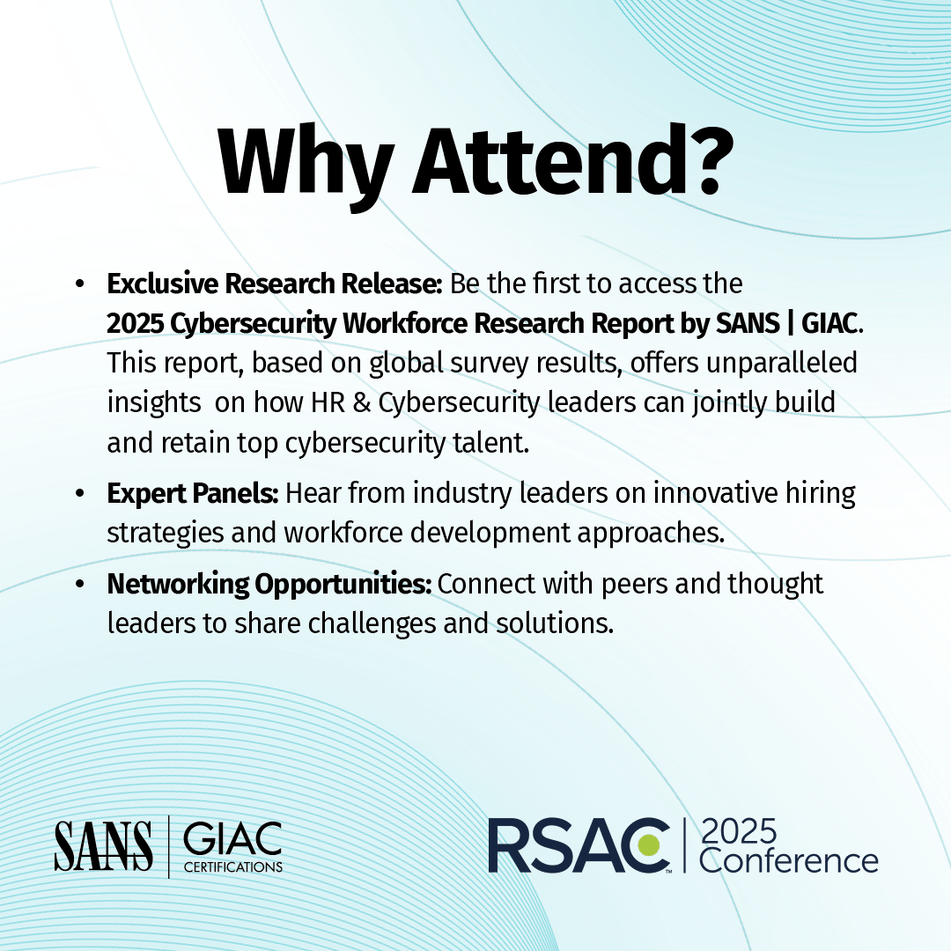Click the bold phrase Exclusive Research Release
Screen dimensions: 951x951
(x=275, y=284)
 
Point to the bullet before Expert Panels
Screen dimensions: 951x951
(x=80, y=494)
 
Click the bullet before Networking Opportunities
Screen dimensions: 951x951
(x=80, y=584)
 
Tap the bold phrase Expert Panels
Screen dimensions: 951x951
(x=192, y=494)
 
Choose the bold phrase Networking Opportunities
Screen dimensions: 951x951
(x=269, y=584)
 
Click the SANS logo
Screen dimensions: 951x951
(x=102, y=845)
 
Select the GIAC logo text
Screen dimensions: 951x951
(x=232, y=838)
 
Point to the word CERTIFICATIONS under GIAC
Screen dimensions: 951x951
(x=232, y=867)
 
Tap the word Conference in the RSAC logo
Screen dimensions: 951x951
(x=788, y=860)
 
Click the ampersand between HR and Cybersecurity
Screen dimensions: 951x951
(x=363, y=402)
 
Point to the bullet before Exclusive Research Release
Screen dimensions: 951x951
(x=80, y=284)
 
